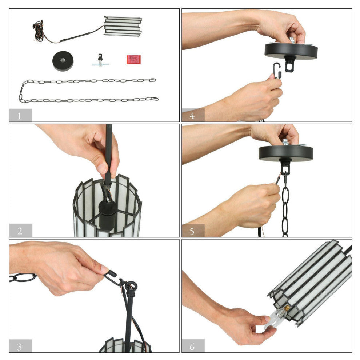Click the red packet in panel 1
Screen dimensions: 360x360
pyautogui.click(x=133, y=60)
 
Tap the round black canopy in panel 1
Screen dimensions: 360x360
pyautogui.click(x=63, y=61)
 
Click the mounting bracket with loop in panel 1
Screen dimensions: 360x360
pyautogui.click(x=100, y=61)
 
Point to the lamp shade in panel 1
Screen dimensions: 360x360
pyautogui.click(x=123, y=26)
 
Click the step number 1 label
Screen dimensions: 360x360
pyautogui.click(x=19, y=116)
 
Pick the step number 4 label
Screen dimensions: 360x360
pyautogui.click(x=192, y=116)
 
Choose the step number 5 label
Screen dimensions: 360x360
pyautogui.click(x=192, y=231)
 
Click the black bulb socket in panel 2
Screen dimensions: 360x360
pyautogui.click(x=107, y=215)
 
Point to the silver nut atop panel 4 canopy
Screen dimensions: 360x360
pyautogui.click(x=292, y=40)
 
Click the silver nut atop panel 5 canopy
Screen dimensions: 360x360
pyautogui.click(x=285, y=142)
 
